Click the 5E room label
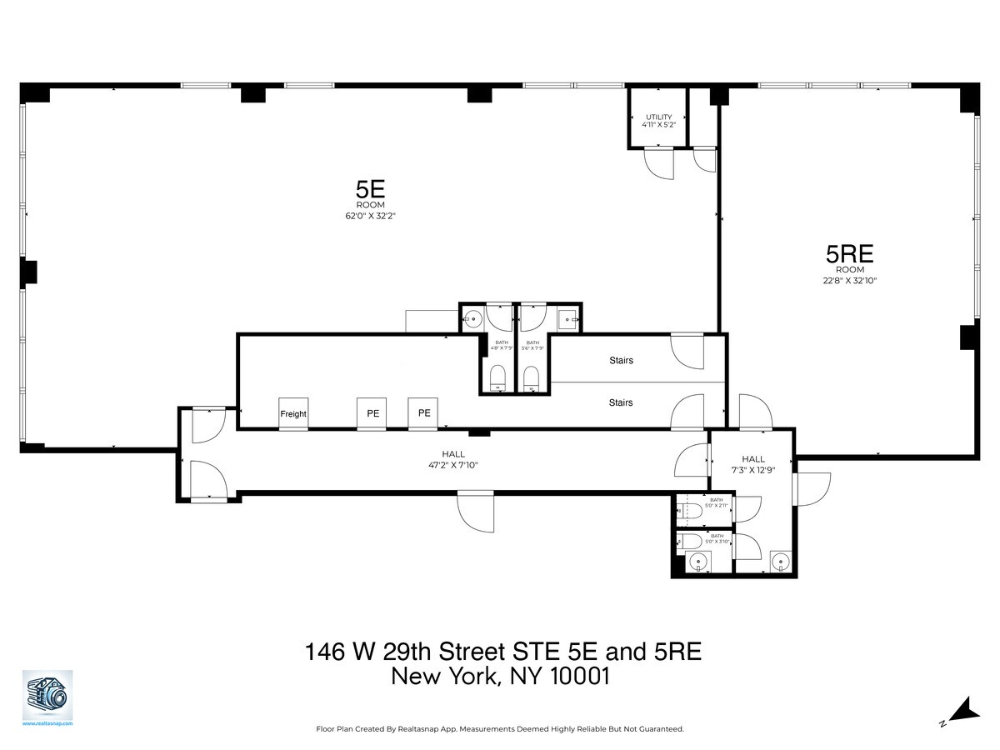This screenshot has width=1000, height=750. tap(370, 189)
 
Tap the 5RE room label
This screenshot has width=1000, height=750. tap(850, 253)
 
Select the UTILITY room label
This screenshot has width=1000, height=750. tap(657, 117)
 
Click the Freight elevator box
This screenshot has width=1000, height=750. tap(293, 413)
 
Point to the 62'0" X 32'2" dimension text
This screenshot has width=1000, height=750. tap(370, 215)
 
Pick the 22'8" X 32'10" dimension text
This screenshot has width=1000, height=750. tap(850, 281)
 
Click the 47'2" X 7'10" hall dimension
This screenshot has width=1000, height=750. tap(453, 465)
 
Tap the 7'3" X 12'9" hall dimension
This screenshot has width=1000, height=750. tap(753, 469)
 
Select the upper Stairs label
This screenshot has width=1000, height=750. tap(621, 361)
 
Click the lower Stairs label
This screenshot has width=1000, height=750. tap(621, 402)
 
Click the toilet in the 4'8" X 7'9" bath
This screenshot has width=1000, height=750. tap(497, 377)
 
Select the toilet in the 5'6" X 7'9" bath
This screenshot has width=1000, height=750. tap(532, 377)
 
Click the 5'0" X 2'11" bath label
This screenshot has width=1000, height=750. tap(717, 502)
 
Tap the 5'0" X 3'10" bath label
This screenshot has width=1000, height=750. tap(717, 538)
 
